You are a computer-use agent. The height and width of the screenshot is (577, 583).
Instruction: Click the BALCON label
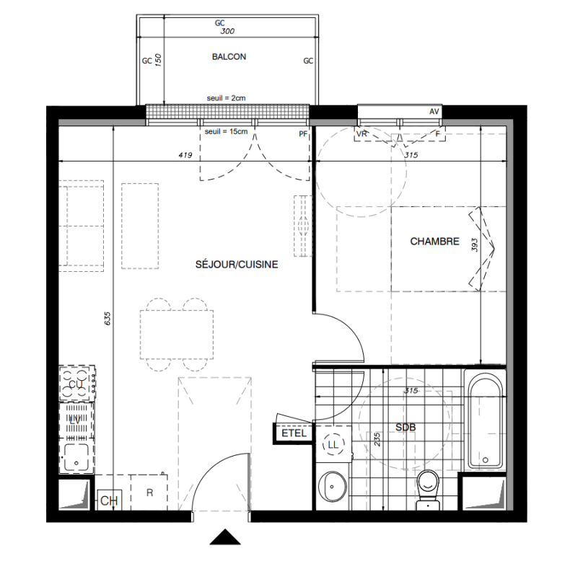[x=229, y=57]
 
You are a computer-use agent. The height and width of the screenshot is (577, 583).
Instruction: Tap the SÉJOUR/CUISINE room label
[x=237, y=264]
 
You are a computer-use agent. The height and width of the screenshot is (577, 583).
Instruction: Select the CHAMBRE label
[x=434, y=242]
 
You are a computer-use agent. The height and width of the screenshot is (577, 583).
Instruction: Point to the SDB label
[x=406, y=427]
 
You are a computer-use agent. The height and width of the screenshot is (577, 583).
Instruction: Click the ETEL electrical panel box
[x=294, y=433]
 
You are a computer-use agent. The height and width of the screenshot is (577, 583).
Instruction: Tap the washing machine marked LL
[x=333, y=444]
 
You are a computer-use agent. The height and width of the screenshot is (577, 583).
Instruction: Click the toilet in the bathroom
[x=428, y=490]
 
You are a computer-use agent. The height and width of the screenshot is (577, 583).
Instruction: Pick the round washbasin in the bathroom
[x=332, y=486]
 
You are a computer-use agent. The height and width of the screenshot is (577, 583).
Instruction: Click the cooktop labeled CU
[x=77, y=384]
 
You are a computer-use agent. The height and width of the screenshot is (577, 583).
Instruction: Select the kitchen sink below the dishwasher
[x=76, y=458]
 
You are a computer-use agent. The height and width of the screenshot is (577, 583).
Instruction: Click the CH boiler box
[x=110, y=501]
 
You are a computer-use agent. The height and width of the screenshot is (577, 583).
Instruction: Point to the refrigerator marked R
[x=149, y=493]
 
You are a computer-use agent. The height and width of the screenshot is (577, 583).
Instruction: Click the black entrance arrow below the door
[x=225, y=537]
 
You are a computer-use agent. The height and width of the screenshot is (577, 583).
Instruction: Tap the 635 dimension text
[x=108, y=319]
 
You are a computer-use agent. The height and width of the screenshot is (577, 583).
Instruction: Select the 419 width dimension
[x=185, y=155]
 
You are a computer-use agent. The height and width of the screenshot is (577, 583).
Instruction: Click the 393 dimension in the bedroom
[x=475, y=245]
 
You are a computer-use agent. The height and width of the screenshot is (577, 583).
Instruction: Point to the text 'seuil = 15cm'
[x=226, y=131]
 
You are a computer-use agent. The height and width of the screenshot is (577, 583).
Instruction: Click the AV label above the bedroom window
[x=434, y=112]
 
